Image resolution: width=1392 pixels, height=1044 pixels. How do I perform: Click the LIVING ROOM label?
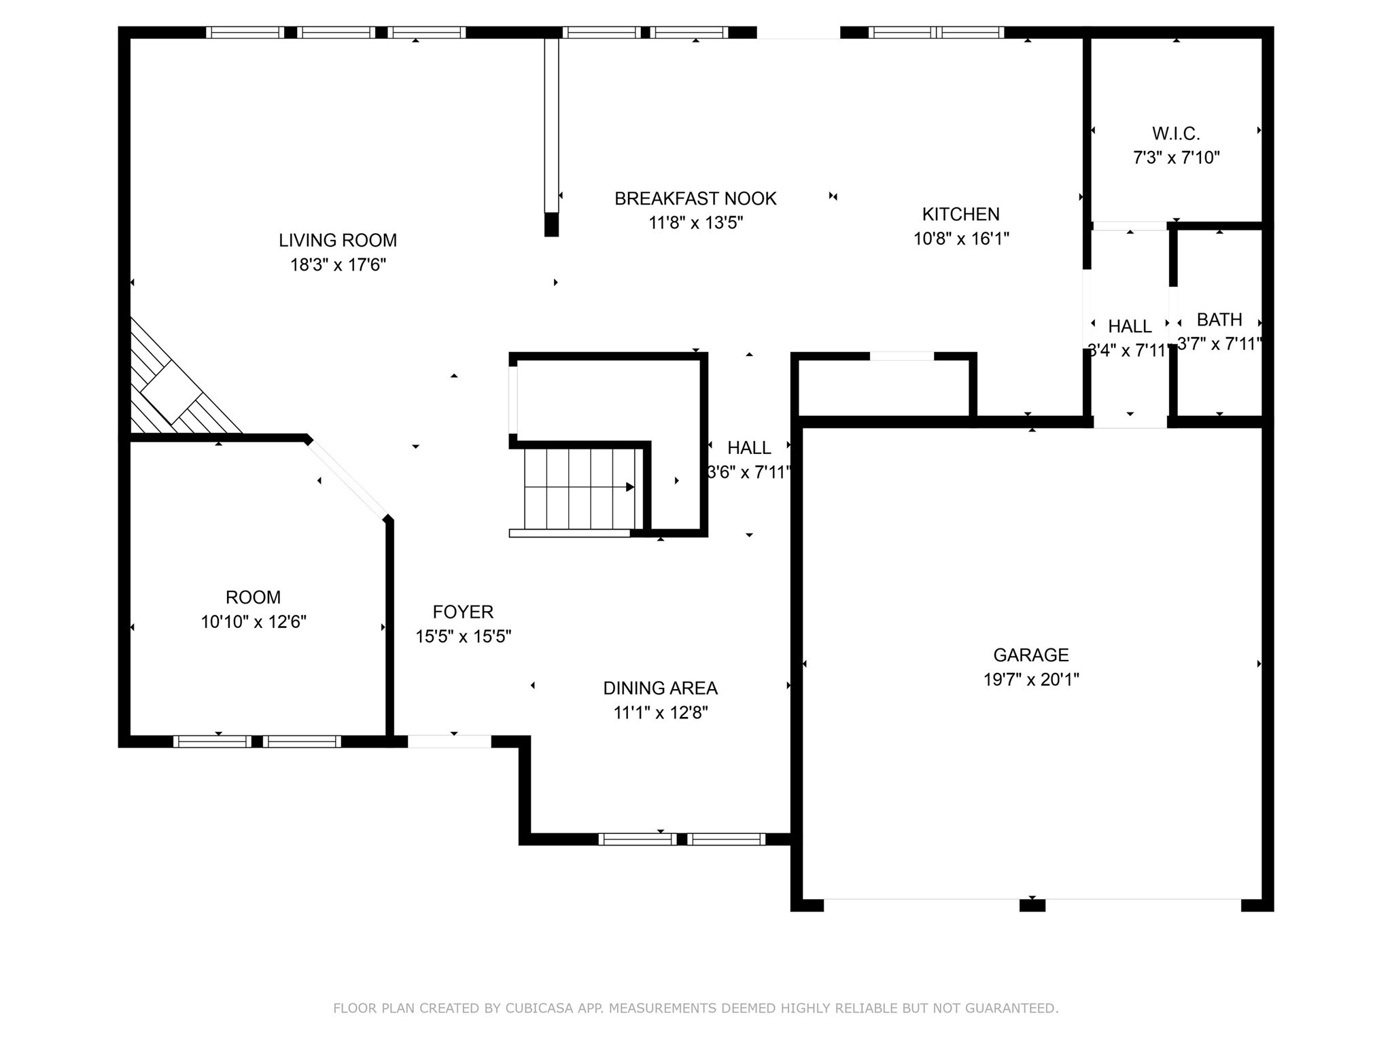pyautogui.click(x=338, y=240)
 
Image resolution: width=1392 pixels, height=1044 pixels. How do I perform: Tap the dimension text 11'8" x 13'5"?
pyautogui.click(x=695, y=223)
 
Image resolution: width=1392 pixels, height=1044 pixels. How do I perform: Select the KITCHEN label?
pyautogui.click(x=960, y=214)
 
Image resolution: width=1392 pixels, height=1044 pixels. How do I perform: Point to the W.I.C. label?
pyautogui.click(x=1176, y=133)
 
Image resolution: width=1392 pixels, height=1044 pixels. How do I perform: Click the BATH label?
pyautogui.click(x=1219, y=319)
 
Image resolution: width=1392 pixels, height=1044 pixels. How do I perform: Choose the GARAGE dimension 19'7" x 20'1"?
pyautogui.click(x=1031, y=680)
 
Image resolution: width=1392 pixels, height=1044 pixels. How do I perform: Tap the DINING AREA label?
pyautogui.click(x=660, y=688)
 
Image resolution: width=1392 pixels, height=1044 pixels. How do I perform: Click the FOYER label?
pyautogui.click(x=463, y=612)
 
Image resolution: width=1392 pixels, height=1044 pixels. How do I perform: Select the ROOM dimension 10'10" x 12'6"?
pyautogui.click(x=254, y=622)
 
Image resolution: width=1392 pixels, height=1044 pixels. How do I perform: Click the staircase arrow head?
pyautogui.click(x=630, y=487)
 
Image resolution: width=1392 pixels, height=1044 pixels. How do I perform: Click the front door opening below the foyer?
pyautogui.click(x=449, y=742)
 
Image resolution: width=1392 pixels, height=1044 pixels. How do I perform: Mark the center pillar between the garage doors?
pyautogui.click(x=1032, y=905)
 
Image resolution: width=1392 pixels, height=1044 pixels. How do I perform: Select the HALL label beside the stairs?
pyautogui.click(x=749, y=448)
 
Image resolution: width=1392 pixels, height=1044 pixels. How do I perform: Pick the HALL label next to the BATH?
pyautogui.click(x=1130, y=326)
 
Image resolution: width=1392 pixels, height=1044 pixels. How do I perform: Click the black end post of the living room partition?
pyautogui.click(x=551, y=224)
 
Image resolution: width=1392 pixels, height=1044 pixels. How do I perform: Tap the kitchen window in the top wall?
pyautogui.click(x=936, y=32)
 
